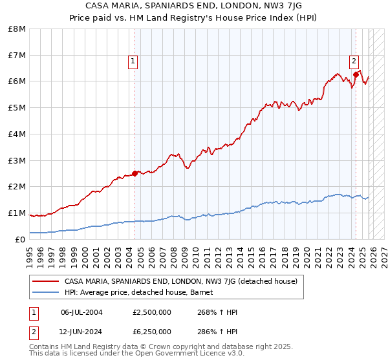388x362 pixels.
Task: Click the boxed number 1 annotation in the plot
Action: [x=133, y=62]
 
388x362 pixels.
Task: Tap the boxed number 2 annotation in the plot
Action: [x=354, y=62]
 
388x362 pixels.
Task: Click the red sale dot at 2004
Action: [x=135, y=173]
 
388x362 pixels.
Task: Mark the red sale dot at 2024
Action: [x=356, y=74]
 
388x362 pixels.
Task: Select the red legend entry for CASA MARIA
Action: [x=180, y=281]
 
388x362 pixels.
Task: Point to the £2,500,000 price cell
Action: [x=151, y=312]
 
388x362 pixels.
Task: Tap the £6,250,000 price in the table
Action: [x=151, y=331]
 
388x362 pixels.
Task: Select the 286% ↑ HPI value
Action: [x=217, y=331]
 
